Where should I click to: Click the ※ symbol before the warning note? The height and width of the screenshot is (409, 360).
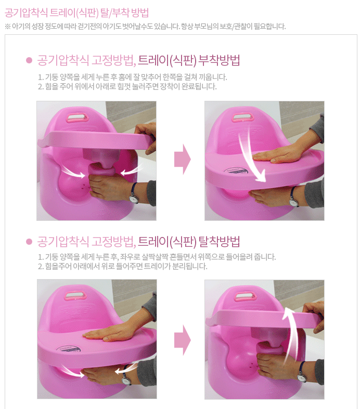(8, 27)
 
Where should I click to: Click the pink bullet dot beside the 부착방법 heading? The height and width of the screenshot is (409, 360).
(29, 60)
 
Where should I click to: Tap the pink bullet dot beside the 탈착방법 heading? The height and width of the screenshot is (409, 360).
(29, 242)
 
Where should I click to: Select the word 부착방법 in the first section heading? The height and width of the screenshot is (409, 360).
(219, 60)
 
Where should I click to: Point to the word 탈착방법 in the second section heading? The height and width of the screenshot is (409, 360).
(219, 242)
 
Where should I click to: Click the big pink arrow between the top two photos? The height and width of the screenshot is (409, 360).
(183, 159)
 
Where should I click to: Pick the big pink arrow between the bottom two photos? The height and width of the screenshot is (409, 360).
(183, 340)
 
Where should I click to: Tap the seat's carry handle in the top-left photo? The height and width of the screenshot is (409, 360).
(78, 118)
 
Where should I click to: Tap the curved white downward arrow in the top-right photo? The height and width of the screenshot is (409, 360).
(251, 154)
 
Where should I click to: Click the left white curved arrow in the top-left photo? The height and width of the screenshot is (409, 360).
(74, 172)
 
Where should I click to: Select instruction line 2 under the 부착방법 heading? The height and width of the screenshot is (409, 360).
(127, 86)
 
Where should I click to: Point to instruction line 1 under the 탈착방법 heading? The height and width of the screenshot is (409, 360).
(157, 257)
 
